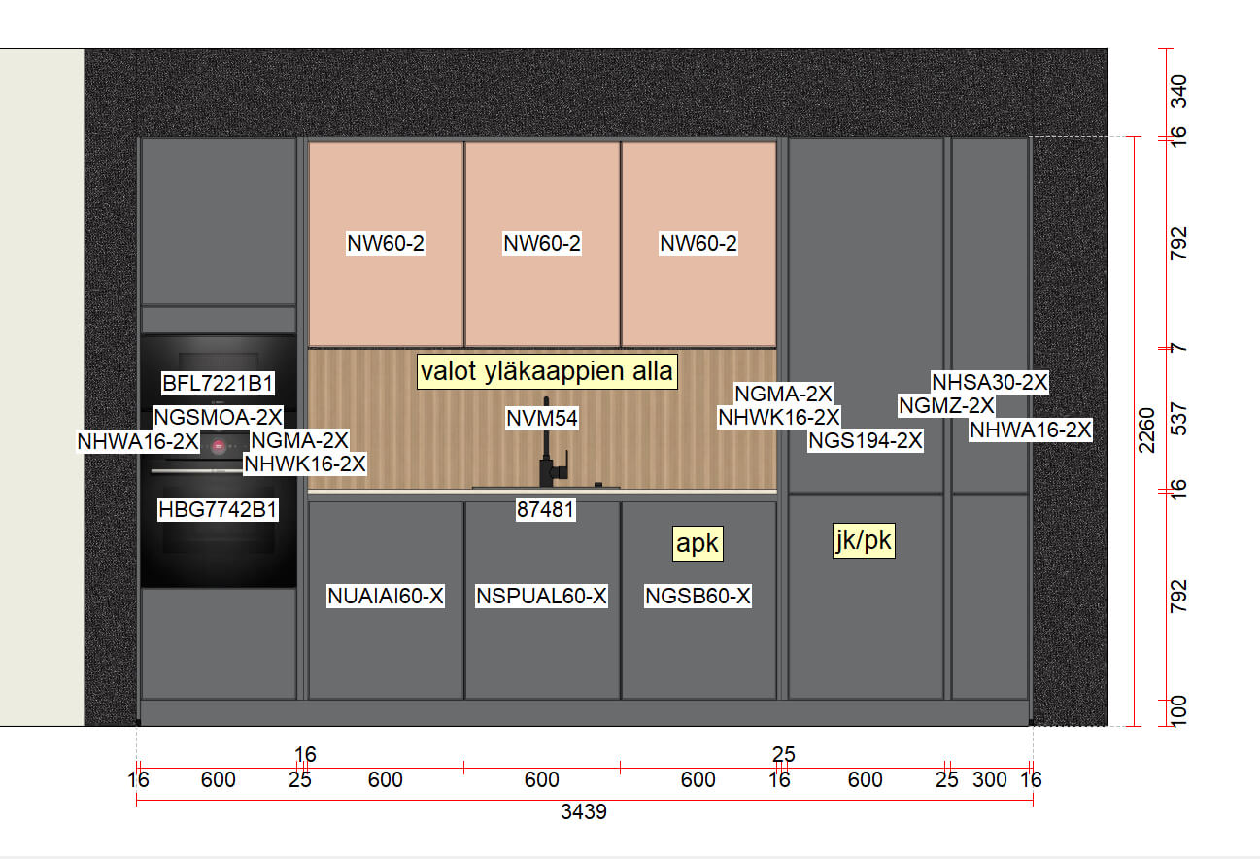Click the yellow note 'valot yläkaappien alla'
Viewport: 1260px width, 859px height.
tap(547, 371)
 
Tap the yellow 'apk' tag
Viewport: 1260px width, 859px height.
tap(698, 543)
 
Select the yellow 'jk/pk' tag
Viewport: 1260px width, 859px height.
tap(864, 540)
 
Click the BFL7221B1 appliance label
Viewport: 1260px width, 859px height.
tap(218, 383)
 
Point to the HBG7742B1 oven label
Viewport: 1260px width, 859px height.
tap(218, 509)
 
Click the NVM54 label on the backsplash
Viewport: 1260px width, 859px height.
tap(542, 418)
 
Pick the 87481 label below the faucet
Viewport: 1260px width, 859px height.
tap(545, 509)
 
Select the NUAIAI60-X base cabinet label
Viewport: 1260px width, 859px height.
tap(386, 596)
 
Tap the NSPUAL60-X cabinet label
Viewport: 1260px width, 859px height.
tap(541, 596)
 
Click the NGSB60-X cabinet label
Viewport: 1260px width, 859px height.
tap(698, 596)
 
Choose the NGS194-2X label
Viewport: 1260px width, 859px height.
tap(866, 440)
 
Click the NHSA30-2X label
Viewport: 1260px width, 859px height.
tap(989, 382)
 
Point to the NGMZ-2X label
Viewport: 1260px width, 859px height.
tap(946, 405)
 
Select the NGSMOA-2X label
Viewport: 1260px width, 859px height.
tap(218, 417)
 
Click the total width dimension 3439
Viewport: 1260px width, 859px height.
tap(584, 811)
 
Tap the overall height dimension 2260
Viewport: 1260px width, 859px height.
tap(1145, 430)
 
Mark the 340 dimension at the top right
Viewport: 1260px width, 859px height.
tap(1177, 91)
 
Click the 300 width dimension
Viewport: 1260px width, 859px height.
tap(989, 779)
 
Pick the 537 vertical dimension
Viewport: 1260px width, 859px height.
tap(1177, 419)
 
